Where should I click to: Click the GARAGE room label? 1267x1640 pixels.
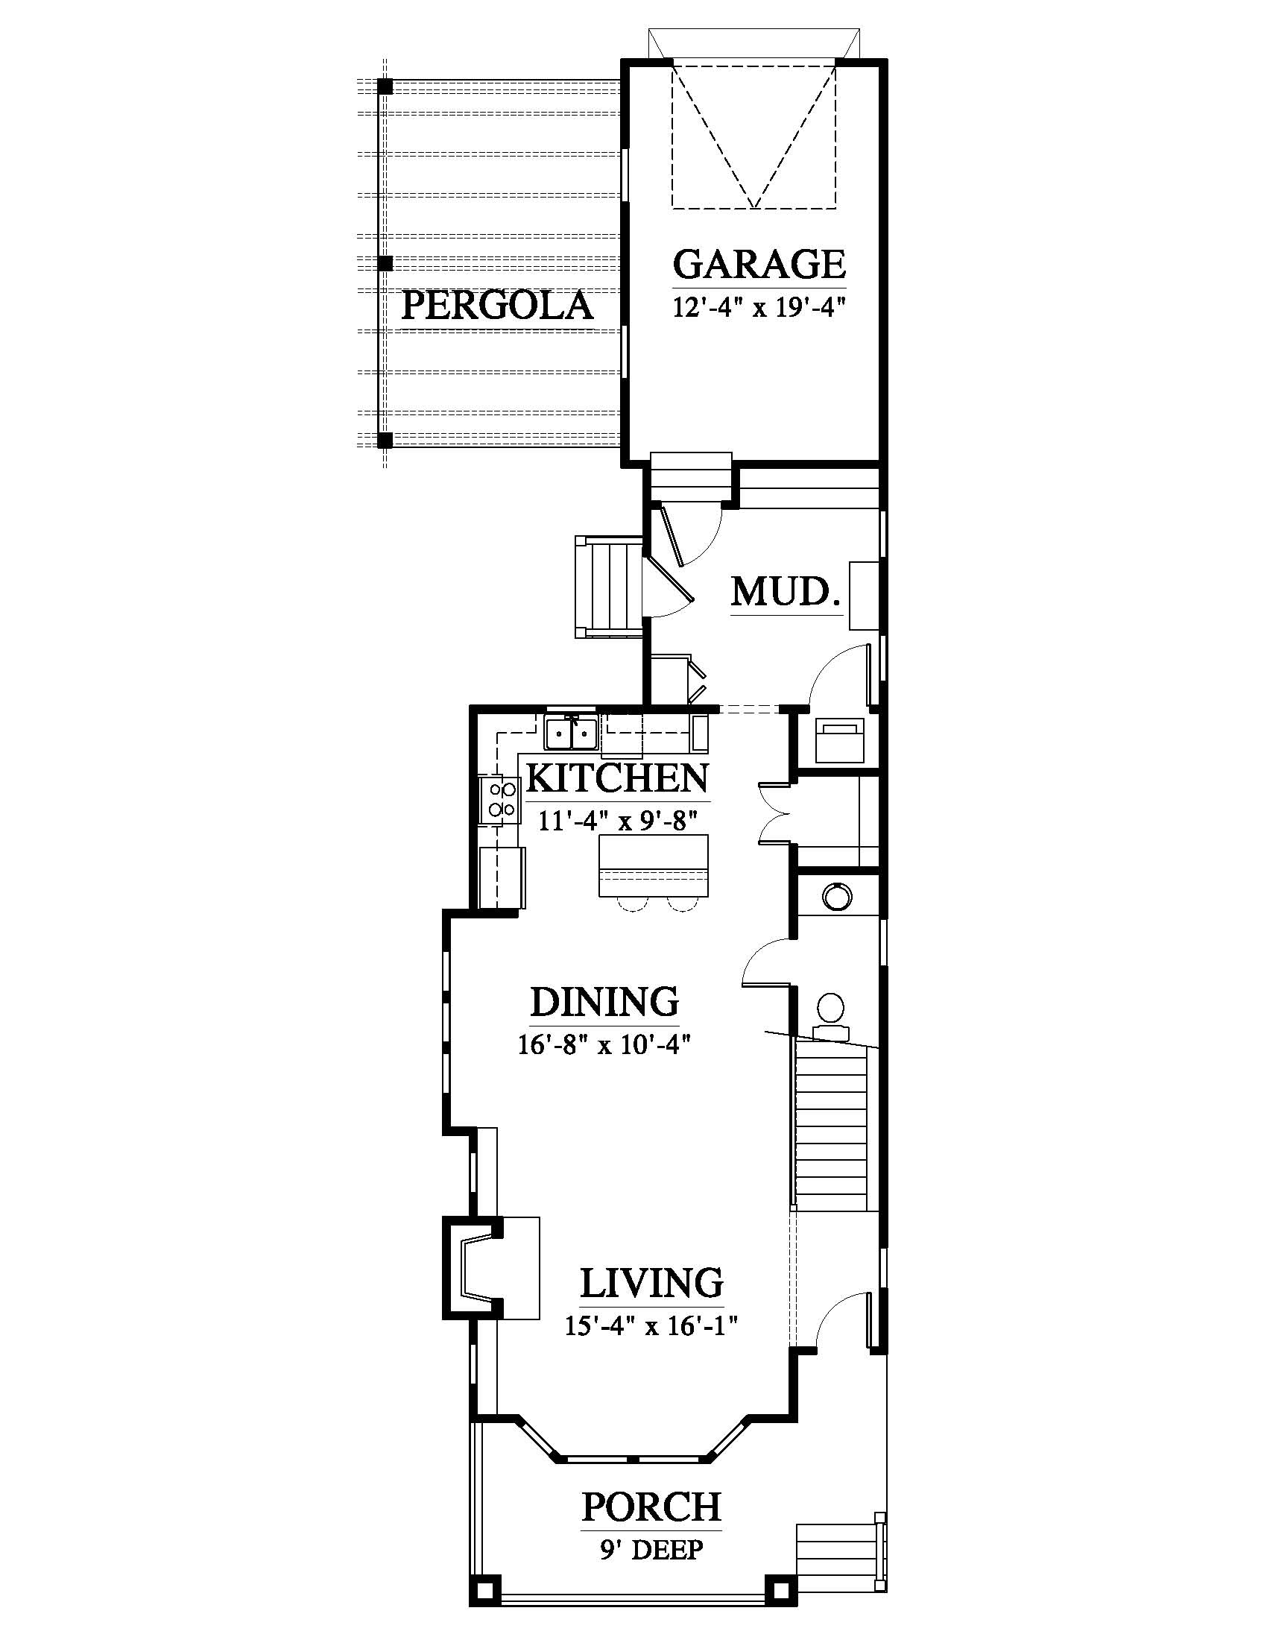click(x=759, y=264)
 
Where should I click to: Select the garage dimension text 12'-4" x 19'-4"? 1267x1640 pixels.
click(x=759, y=308)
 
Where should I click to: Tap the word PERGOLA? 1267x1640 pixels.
click(x=498, y=306)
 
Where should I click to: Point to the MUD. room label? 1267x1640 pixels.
click(x=785, y=592)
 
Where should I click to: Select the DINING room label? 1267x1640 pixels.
click(x=604, y=1001)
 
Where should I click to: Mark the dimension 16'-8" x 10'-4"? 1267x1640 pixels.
click(x=604, y=1044)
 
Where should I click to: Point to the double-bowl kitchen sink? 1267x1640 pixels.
click(x=571, y=734)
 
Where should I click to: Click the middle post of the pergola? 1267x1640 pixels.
click(x=385, y=264)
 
